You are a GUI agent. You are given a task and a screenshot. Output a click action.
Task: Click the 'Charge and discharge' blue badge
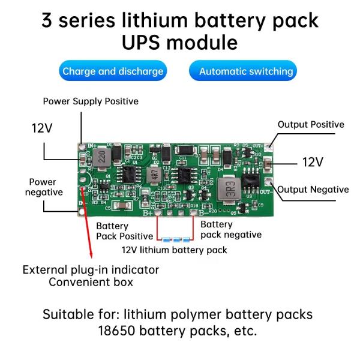click(x=113, y=71)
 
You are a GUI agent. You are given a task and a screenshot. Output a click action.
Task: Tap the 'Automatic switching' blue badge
click(x=246, y=71)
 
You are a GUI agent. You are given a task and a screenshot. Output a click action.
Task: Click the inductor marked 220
click(x=101, y=158)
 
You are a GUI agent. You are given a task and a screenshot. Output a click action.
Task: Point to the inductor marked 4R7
click(x=154, y=176)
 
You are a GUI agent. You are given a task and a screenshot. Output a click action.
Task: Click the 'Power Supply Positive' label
click(x=91, y=101)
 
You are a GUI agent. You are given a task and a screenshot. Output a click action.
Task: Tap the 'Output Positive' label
click(x=311, y=125)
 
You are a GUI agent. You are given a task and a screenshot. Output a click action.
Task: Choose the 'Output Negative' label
click(x=313, y=190)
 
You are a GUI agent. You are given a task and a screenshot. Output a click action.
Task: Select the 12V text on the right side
click(x=312, y=162)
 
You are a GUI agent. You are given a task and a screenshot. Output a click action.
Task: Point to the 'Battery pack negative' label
click(x=231, y=229)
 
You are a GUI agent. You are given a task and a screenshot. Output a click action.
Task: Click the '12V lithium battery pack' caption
click(x=175, y=250)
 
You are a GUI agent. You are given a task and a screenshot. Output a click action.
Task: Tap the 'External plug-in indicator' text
click(x=91, y=269)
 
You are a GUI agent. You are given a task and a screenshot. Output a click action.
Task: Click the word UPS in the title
click(x=146, y=43)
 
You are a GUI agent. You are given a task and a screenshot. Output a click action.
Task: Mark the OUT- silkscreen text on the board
click(x=265, y=193)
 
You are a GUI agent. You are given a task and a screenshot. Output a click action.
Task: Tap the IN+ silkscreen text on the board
click(x=92, y=146)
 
